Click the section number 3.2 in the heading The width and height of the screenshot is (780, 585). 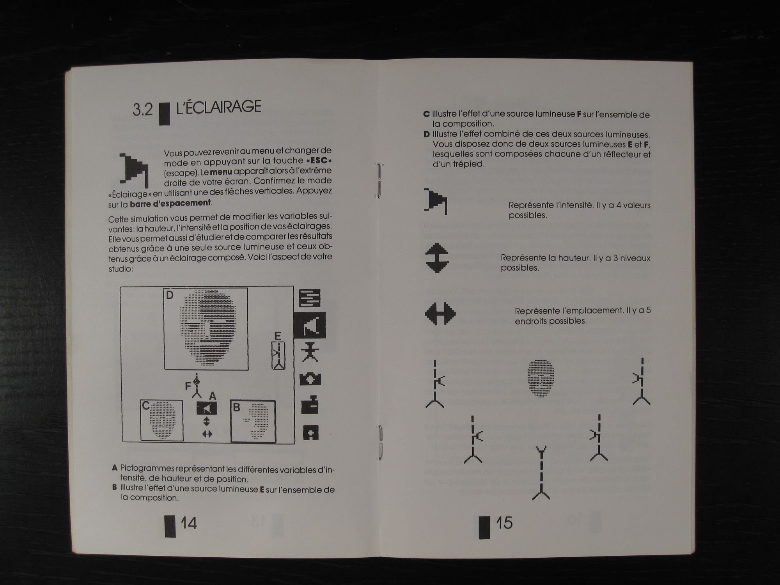pyautogui.click(x=143, y=110)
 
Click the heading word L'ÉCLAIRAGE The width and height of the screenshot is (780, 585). pyautogui.click(x=219, y=107)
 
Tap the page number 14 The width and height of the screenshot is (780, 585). pyautogui.click(x=189, y=523)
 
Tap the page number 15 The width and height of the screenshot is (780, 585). pyautogui.click(x=504, y=523)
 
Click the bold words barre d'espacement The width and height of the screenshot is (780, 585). pyautogui.click(x=170, y=203)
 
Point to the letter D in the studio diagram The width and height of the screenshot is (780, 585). pyautogui.click(x=170, y=295)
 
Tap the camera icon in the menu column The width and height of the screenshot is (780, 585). pyautogui.click(x=310, y=379)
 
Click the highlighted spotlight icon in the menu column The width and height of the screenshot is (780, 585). pyautogui.click(x=310, y=326)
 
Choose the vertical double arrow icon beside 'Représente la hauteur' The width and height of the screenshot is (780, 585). pyautogui.click(x=436, y=258)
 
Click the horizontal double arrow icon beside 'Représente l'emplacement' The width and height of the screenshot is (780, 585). pyautogui.click(x=440, y=314)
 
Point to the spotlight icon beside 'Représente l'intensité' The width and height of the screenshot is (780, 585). pyautogui.click(x=436, y=201)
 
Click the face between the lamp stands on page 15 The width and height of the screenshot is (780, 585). pyautogui.click(x=541, y=378)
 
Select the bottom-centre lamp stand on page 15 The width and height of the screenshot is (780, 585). pyautogui.click(x=541, y=473)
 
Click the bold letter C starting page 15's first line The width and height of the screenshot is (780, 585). pyautogui.click(x=426, y=114)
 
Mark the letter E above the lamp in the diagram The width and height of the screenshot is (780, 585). pyautogui.click(x=277, y=336)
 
